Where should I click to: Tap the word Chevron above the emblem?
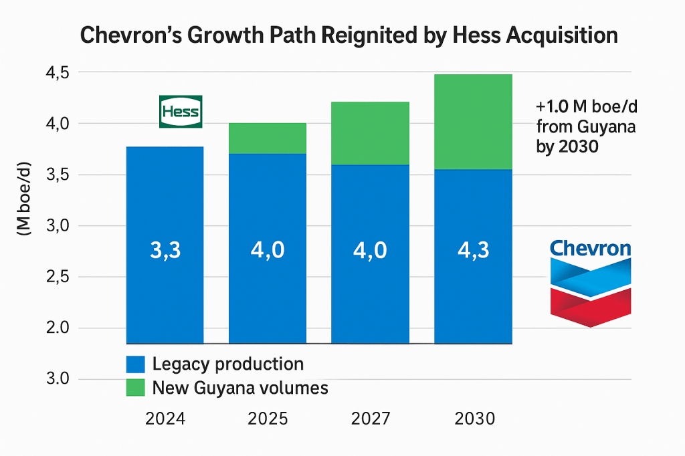coord(590,249)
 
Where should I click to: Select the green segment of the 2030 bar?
coord(473,122)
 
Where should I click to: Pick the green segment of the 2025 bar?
coord(268,138)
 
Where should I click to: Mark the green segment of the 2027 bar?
coord(371,133)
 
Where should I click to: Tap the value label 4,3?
coord(473,250)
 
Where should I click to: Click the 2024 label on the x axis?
coord(165,419)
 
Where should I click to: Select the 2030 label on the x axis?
coord(474,419)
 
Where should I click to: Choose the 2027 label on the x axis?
coord(371,419)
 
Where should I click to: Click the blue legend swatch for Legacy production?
coord(136,364)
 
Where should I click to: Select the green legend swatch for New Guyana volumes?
coord(136,387)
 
